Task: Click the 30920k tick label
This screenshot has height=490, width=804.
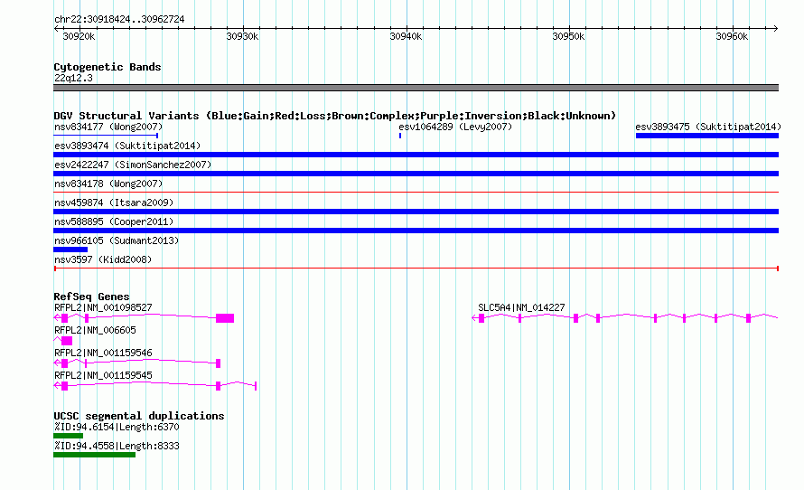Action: point(79,36)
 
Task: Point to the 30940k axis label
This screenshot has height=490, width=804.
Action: point(406,36)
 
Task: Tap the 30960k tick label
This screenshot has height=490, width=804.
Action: point(732,36)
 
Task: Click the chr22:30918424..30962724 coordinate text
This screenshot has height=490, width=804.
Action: point(119,20)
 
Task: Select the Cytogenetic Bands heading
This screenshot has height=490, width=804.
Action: point(108,67)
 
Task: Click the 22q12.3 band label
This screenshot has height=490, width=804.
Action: point(73,78)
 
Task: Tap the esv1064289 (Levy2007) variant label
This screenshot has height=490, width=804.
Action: point(455,127)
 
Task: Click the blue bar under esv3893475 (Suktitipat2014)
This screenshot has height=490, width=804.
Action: point(707,136)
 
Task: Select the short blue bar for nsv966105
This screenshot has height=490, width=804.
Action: point(70,250)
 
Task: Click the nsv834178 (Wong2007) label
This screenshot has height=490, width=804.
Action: point(108,184)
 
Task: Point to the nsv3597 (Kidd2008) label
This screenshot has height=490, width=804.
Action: point(103,259)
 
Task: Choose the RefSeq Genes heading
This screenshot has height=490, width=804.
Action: point(91,297)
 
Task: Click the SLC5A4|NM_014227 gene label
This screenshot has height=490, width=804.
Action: point(521,308)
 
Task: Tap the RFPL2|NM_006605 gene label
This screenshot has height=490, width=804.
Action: point(96,330)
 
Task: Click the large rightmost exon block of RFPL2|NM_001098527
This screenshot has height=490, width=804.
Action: point(225,318)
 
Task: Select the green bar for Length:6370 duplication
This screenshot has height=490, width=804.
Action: point(68,436)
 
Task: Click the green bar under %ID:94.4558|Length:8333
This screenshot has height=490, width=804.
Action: point(94,455)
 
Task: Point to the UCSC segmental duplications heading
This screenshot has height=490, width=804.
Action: point(139,416)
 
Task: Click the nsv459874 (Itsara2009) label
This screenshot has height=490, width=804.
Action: point(114,203)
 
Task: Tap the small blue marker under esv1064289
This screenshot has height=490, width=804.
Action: point(400,136)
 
